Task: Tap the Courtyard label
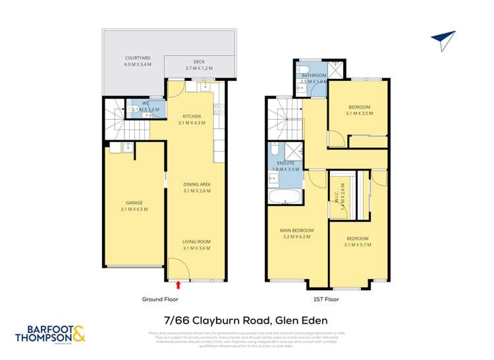[138, 61]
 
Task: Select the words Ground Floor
[160, 299]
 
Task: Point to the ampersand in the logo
[78, 334]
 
